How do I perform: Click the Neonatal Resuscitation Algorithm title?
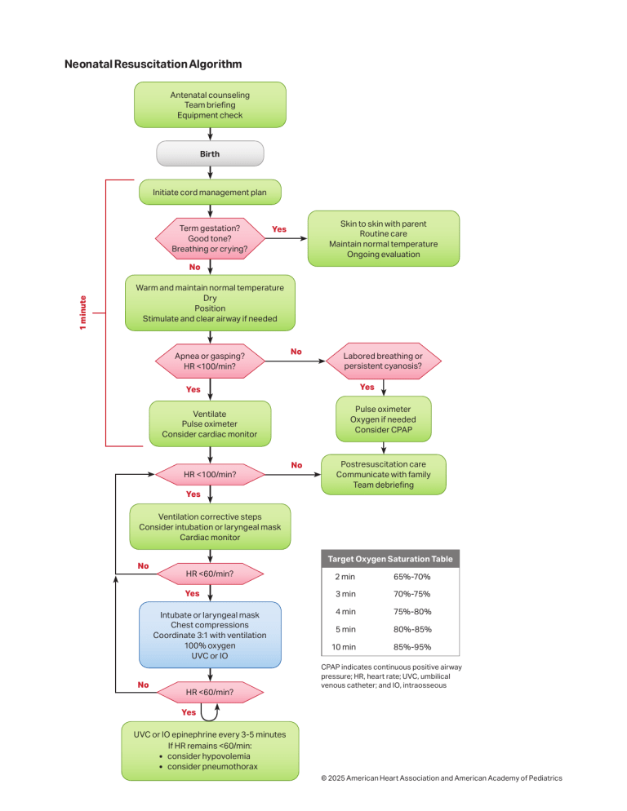153,64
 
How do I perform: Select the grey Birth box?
210,153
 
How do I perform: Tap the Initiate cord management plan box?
210,193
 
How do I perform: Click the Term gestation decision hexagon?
210,238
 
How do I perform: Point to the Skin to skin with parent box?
383,238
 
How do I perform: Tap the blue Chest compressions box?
210,636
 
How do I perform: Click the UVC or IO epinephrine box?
210,751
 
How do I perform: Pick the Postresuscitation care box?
383,474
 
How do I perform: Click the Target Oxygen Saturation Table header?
389,559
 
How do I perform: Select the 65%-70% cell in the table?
412,576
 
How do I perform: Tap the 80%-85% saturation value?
412,629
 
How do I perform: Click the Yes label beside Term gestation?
279,229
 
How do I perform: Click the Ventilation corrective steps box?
210,527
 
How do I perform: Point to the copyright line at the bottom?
442,778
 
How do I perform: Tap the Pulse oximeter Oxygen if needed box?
383,419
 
